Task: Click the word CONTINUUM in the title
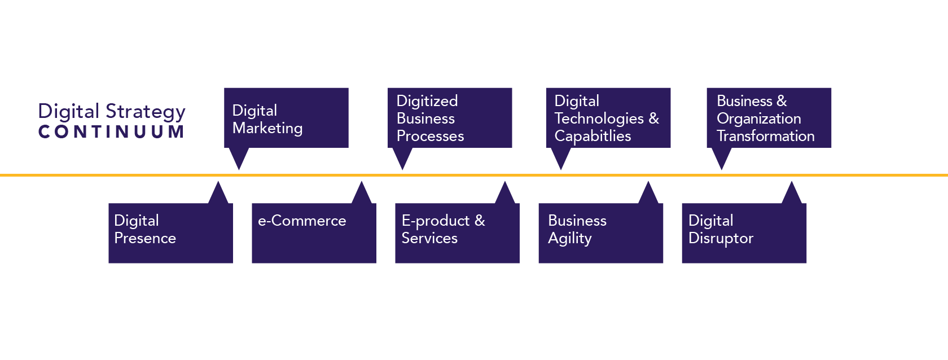[111, 132]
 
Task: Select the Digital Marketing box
[286, 118]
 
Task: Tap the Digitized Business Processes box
[450, 118]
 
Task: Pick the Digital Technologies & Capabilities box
[608, 118]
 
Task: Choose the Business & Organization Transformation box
[769, 118]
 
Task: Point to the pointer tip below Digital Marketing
[239, 165]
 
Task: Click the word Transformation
[765, 136]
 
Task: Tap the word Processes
[430, 136]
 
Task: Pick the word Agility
[570, 239]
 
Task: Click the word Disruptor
[721, 239]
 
